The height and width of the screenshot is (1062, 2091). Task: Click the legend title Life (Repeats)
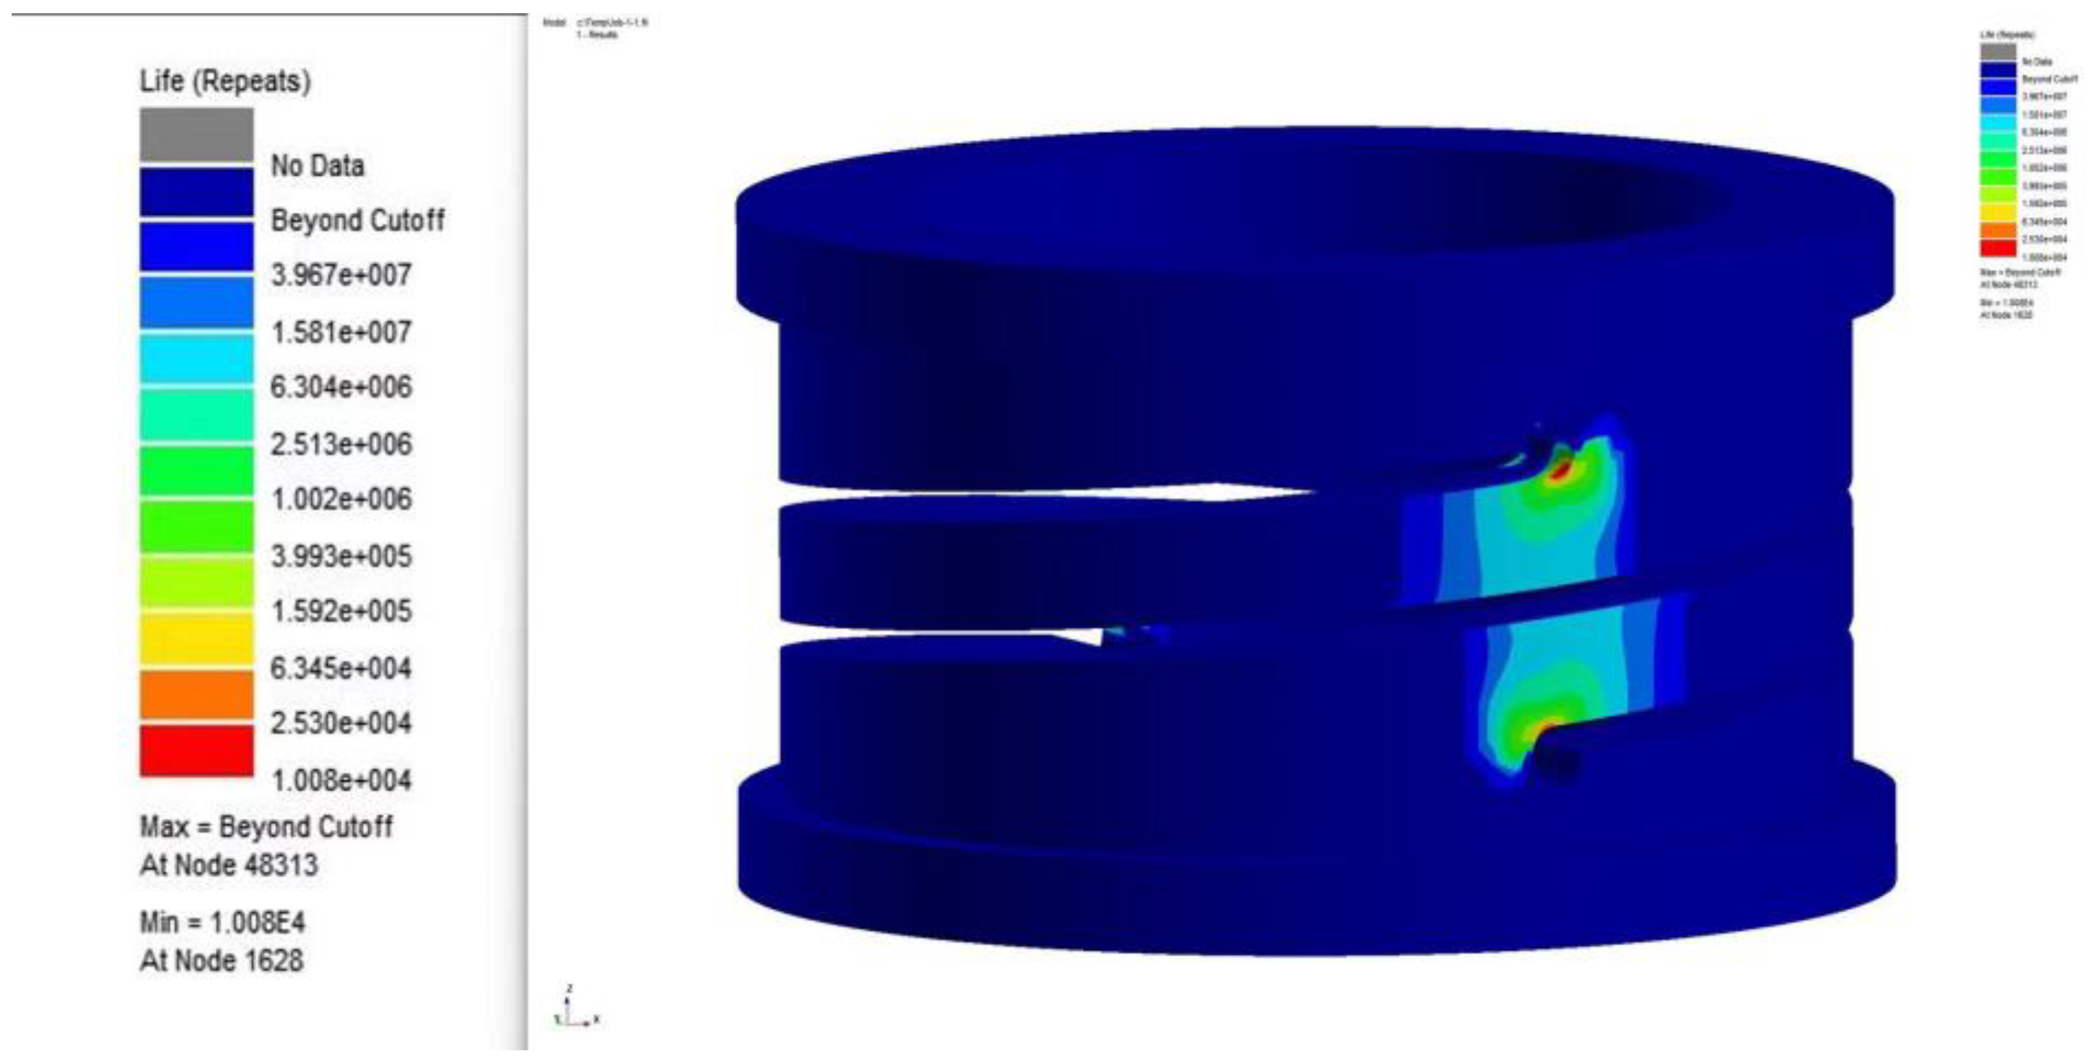(x=225, y=81)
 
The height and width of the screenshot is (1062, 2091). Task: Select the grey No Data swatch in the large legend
(x=197, y=134)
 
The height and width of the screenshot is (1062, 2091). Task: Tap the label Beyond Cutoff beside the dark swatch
(x=357, y=220)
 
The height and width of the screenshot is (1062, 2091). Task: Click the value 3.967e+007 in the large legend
(x=341, y=276)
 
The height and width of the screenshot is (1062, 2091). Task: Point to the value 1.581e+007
(x=341, y=332)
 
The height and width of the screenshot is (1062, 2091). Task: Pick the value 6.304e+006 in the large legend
(x=341, y=387)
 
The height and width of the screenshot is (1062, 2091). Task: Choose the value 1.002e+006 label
(x=341, y=498)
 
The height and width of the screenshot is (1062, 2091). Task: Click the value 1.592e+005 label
(x=341, y=610)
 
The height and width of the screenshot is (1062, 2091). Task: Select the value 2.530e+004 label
(x=341, y=723)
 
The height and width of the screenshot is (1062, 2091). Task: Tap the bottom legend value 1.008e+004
(x=341, y=781)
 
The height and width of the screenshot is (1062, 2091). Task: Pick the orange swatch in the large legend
(x=197, y=695)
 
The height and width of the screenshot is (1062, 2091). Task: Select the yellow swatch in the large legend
(x=197, y=639)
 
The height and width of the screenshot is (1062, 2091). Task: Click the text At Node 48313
(x=229, y=865)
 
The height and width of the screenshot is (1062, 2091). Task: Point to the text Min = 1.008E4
(x=222, y=922)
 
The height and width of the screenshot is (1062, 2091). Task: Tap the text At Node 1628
(x=221, y=960)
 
